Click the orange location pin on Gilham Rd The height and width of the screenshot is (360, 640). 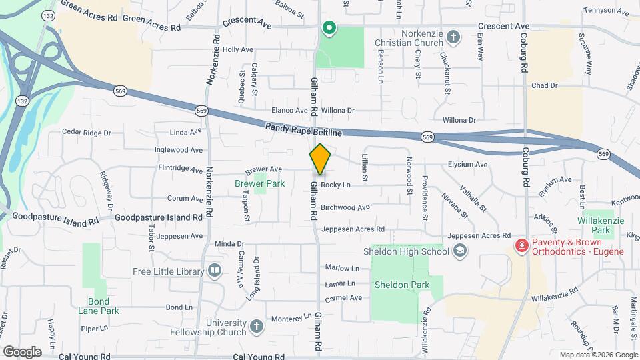[320, 159]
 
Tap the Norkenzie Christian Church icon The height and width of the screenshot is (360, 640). [453, 36]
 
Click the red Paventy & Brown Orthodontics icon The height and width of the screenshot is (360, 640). [521, 246]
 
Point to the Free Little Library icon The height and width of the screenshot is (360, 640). [214, 271]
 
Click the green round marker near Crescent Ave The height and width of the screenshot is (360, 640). [329, 28]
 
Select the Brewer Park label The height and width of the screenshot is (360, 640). [259, 183]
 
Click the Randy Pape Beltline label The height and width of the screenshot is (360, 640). [303, 129]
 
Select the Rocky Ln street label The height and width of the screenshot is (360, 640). [335, 185]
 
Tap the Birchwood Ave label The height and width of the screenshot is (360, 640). [345, 207]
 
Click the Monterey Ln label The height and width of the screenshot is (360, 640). [289, 317]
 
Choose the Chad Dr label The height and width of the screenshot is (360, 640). [544, 86]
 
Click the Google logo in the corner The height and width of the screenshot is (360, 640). [22, 351]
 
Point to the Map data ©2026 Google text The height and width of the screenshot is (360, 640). [598, 355]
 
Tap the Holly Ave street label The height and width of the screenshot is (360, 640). [238, 50]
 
